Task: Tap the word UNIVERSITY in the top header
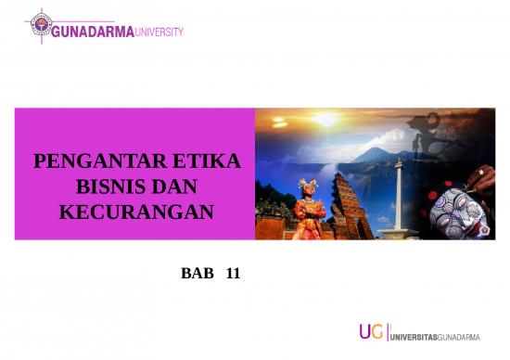coord(159,32)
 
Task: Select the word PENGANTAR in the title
coord(84,163)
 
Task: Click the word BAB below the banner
coord(197,275)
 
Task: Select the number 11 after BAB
coord(233,275)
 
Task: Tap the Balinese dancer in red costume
coord(310,209)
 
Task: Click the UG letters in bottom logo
coord(371,333)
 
